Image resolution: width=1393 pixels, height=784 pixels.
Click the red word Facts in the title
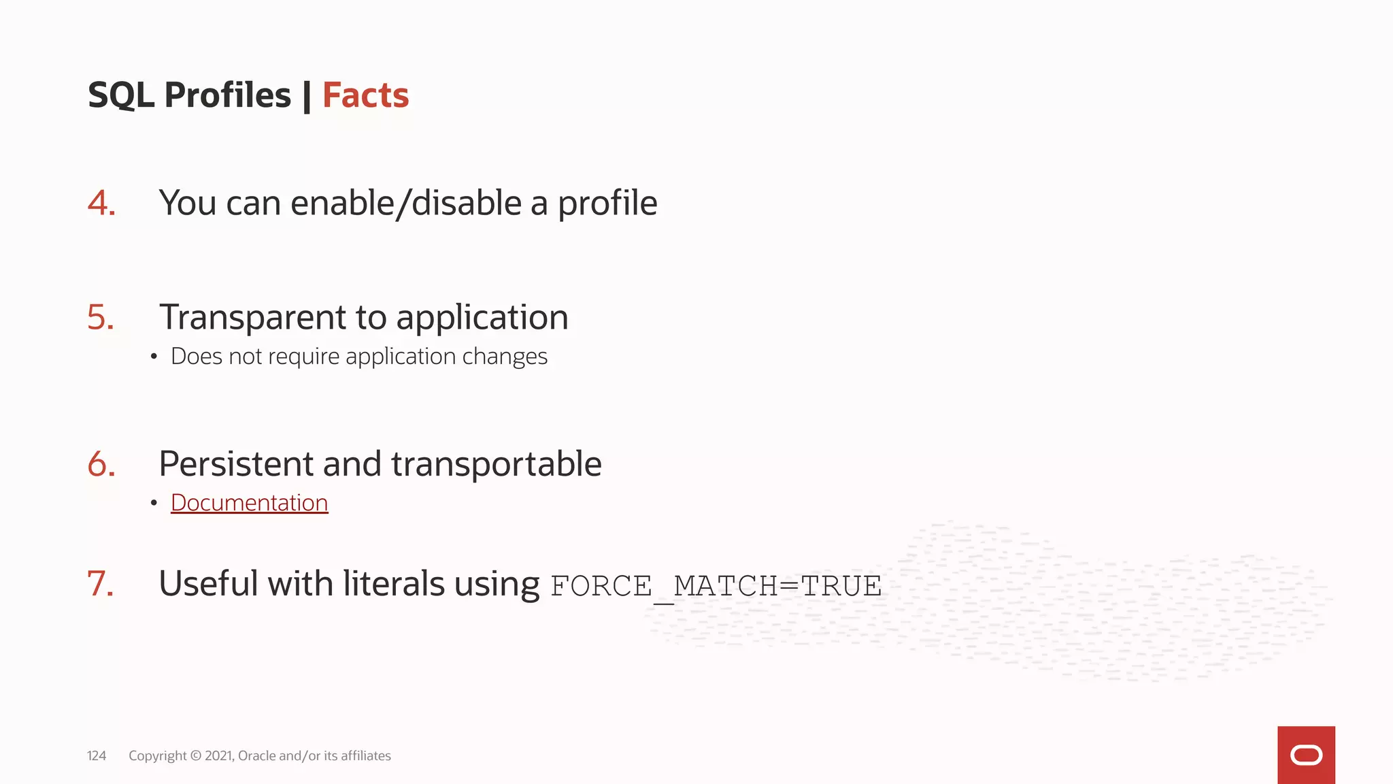click(365, 95)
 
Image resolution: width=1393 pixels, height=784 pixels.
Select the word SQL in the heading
click(121, 95)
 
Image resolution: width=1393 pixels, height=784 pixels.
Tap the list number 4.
click(101, 203)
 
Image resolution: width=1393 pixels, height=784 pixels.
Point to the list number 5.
click(101, 317)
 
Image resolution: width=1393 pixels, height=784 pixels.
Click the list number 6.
click(101, 464)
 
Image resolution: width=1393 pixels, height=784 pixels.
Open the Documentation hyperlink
click(249, 503)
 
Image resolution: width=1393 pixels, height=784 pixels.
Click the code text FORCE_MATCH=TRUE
click(716, 586)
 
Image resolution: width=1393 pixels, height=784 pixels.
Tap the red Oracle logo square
click(1306, 755)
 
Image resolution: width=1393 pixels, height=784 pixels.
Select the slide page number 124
click(97, 755)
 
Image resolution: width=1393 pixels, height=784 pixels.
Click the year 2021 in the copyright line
click(219, 755)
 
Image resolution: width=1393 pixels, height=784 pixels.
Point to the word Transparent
click(253, 318)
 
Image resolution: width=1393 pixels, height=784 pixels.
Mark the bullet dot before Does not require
click(154, 357)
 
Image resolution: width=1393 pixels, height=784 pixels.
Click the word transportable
click(496, 464)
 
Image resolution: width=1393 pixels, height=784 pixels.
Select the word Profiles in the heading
click(227, 95)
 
